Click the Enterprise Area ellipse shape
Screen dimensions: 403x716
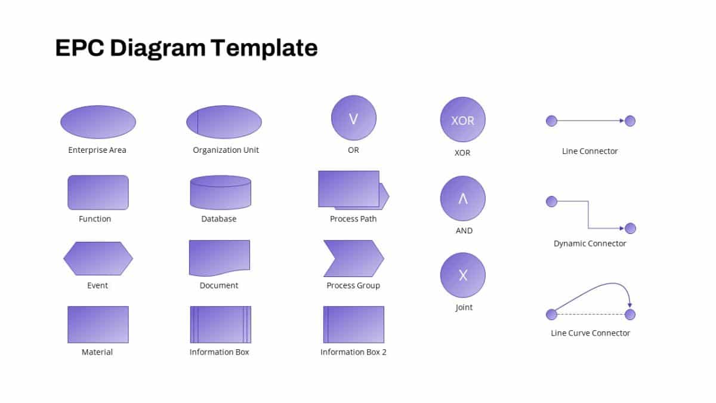coord(98,122)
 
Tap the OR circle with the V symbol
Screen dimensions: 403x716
coord(354,118)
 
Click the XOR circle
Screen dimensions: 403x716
coord(462,120)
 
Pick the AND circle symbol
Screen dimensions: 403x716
coord(462,198)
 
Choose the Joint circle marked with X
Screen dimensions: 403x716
coord(462,275)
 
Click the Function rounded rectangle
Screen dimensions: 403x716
coord(98,192)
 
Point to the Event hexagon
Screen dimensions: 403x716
coord(98,259)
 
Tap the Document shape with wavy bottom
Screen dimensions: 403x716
coord(219,257)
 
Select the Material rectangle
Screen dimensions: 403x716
coord(98,324)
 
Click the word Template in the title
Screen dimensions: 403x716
coord(264,48)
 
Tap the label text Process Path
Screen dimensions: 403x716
coord(353,219)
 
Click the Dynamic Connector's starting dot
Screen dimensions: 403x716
coord(551,202)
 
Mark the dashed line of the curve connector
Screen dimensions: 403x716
coord(591,315)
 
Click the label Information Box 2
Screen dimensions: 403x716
coord(353,352)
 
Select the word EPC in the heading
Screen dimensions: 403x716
coord(79,48)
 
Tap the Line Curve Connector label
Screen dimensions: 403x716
coord(590,333)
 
